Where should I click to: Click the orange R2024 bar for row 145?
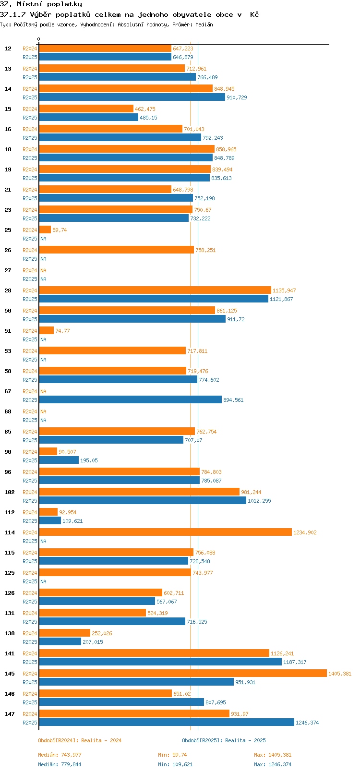(x=182, y=674)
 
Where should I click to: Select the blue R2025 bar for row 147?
(x=166, y=723)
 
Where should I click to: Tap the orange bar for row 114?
(x=165, y=532)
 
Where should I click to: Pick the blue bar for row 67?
(x=130, y=400)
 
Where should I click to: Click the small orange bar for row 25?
(x=45, y=230)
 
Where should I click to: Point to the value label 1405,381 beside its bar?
(x=340, y=674)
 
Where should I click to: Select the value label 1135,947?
(x=284, y=290)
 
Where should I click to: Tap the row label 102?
(x=10, y=492)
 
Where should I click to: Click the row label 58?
(x=8, y=371)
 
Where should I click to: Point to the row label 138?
(x=10, y=633)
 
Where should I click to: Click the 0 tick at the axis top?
(x=39, y=39)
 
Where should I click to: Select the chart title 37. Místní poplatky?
(x=41, y=4)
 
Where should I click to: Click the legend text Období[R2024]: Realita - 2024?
(x=80, y=740)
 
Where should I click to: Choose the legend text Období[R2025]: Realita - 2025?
(x=224, y=740)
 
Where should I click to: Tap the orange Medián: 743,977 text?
(x=60, y=755)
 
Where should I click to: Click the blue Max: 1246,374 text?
(x=273, y=764)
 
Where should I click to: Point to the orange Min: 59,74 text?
(x=172, y=755)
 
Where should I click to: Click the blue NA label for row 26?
(x=43, y=259)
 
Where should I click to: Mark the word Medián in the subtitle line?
(x=204, y=24)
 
